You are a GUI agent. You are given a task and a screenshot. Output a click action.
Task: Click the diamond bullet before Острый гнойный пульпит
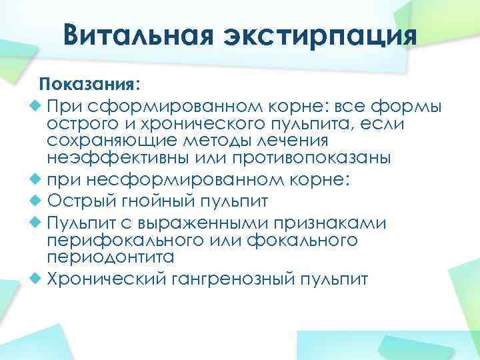point(37,201)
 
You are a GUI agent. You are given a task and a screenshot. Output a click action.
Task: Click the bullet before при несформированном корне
point(37,179)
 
